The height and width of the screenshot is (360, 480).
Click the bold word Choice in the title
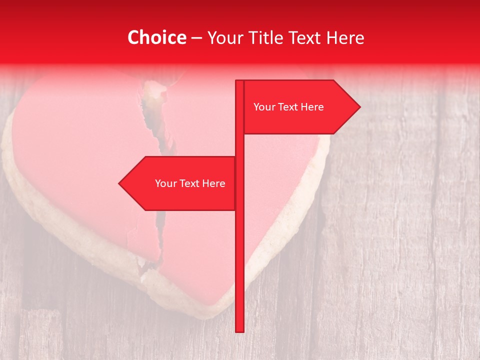[156, 37]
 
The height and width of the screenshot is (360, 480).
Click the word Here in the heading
[345, 37]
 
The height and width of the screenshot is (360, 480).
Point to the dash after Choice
[196, 38]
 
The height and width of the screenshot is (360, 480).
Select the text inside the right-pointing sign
[288, 107]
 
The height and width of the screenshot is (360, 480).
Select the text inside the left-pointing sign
[190, 183]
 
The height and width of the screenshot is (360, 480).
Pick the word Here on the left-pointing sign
[213, 183]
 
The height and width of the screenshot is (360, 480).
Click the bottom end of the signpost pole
[239, 329]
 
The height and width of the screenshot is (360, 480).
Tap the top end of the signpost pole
[239, 82]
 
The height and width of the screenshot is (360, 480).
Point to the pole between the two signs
[239, 145]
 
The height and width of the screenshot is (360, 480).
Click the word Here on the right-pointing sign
[312, 107]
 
